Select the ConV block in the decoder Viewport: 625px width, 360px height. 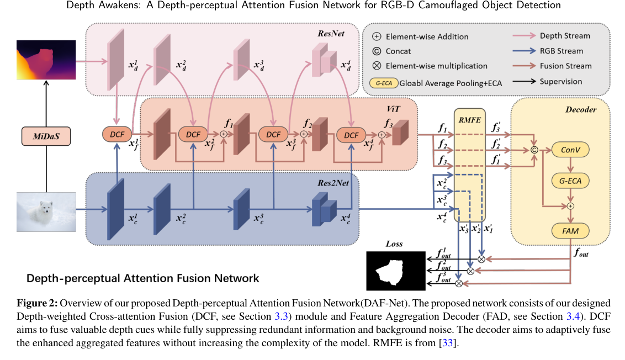(x=571, y=150)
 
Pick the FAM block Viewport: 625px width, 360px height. (x=571, y=230)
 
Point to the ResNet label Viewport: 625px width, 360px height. (x=331, y=34)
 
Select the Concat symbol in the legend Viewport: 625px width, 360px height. (x=377, y=51)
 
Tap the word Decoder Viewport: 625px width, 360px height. (x=581, y=109)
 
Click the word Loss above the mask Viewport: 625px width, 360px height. (x=394, y=243)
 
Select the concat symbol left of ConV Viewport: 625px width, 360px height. (x=534, y=150)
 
